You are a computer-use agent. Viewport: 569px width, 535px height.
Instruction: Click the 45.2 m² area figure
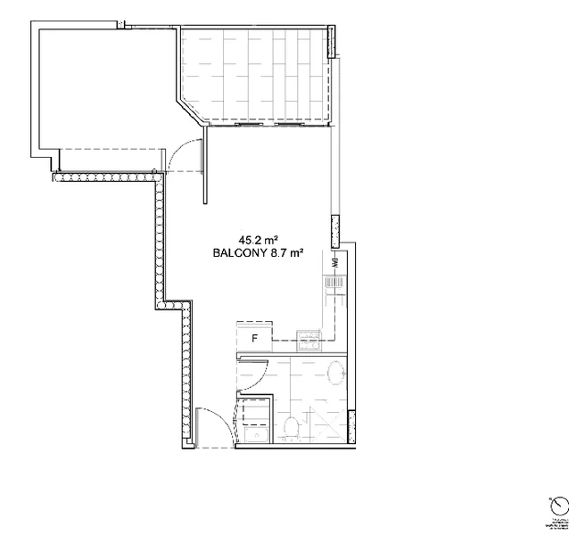click(x=259, y=239)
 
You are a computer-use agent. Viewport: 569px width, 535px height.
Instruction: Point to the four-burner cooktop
click(x=308, y=338)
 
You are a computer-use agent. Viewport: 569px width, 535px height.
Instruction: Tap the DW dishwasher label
click(x=334, y=263)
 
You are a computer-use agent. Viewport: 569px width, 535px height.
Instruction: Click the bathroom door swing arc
click(x=256, y=375)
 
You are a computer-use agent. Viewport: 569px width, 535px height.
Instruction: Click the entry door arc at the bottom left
click(x=211, y=428)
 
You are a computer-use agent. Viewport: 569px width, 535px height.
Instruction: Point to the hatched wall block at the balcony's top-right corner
click(x=333, y=41)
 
